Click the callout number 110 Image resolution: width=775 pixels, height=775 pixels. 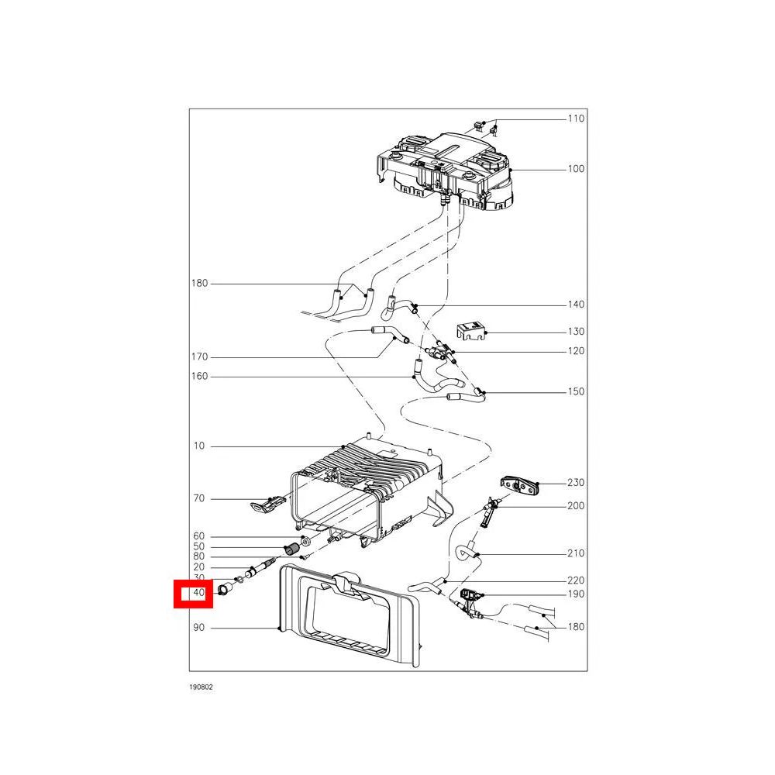[576, 119]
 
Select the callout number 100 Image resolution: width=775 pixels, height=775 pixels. [576, 169]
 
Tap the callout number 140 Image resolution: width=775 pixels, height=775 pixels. [576, 305]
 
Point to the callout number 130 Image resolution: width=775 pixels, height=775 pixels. [576, 332]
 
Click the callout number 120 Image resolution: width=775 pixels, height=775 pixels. [576, 351]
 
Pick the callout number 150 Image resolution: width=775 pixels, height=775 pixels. [576, 391]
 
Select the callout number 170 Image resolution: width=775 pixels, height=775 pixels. [200, 356]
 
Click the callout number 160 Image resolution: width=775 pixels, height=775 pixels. [200, 376]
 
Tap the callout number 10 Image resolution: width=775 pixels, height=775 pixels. [198, 446]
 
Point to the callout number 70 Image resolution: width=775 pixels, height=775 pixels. [198, 498]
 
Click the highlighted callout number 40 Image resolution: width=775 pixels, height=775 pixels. [198, 592]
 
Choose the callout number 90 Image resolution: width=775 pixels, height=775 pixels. [198, 627]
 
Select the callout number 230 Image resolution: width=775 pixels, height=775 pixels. [576, 482]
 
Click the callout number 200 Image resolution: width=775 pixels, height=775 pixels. [576, 505]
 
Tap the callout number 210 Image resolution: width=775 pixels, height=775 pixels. [576, 553]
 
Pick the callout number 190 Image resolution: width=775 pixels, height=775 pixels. [576, 594]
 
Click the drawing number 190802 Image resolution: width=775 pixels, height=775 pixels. [201, 687]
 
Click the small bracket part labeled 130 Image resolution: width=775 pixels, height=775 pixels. [471, 331]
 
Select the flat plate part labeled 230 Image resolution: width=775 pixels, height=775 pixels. [519, 485]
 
